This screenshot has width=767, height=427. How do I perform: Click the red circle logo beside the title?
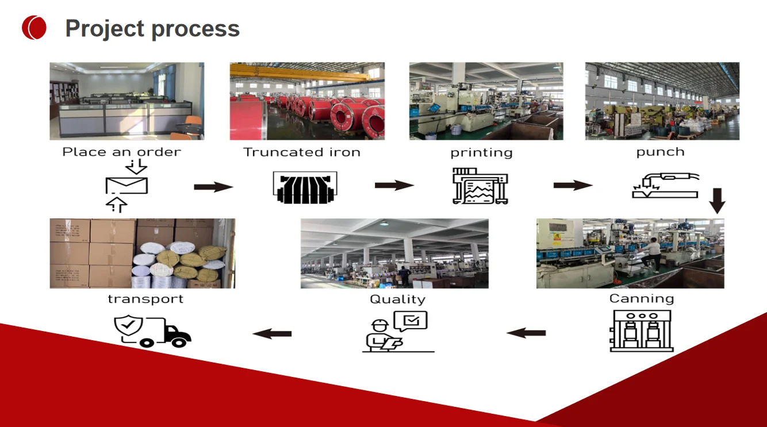[x=34, y=28]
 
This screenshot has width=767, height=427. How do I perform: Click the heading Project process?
[x=152, y=28]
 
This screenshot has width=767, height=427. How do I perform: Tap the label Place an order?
[x=121, y=152]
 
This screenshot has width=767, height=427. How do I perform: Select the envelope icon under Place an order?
[x=126, y=186]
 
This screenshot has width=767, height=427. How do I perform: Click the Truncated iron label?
[x=302, y=152]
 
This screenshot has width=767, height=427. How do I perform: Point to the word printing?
[x=481, y=153]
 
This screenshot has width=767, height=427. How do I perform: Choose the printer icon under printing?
[x=481, y=186]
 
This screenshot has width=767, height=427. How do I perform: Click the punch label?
[x=660, y=152]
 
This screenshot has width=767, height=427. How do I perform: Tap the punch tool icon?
[x=665, y=186]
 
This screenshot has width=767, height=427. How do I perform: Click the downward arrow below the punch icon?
[x=717, y=201]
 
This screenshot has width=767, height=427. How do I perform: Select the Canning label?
[x=641, y=299]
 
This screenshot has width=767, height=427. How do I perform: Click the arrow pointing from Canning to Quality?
[x=526, y=332]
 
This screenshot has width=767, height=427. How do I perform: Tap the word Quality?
[x=397, y=299]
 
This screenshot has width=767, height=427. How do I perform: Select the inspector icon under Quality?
[x=397, y=332]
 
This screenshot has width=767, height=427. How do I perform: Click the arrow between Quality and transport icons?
[x=273, y=333]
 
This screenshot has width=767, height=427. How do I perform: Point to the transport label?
[x=145, y=299]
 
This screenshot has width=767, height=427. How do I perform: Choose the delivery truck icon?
[x=152, y=331]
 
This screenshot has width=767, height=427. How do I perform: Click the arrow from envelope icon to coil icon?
[x=213, y=187]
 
